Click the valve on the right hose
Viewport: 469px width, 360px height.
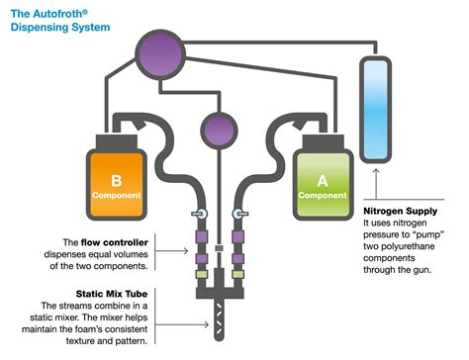[238, 214]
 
